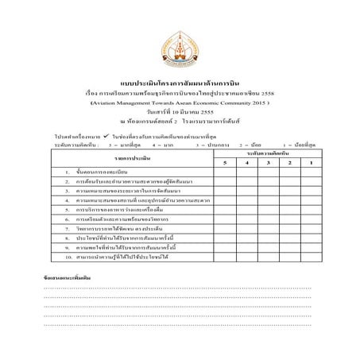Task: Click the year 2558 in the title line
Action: coord(277,93)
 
